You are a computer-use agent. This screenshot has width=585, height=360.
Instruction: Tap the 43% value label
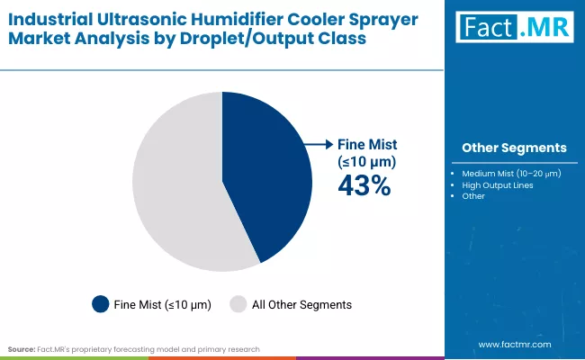(364, 185)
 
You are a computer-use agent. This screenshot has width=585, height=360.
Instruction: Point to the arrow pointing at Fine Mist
(317, 144)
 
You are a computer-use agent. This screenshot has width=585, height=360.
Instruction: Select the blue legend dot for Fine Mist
(101, 304)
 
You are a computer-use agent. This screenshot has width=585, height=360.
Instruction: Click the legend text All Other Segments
(301, 305)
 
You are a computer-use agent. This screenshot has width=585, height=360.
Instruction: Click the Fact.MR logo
(514, 29)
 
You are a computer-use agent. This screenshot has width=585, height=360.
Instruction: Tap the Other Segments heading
(514, 148)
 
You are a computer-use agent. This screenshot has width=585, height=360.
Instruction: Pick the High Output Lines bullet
(498, 185)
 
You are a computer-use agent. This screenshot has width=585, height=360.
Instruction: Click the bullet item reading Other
(473, 196)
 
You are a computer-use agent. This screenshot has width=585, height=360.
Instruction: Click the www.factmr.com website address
(513, 345)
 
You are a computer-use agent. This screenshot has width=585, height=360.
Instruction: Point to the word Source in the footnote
(22, 348)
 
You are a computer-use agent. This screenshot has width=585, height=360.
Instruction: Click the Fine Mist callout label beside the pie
(366, 152)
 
